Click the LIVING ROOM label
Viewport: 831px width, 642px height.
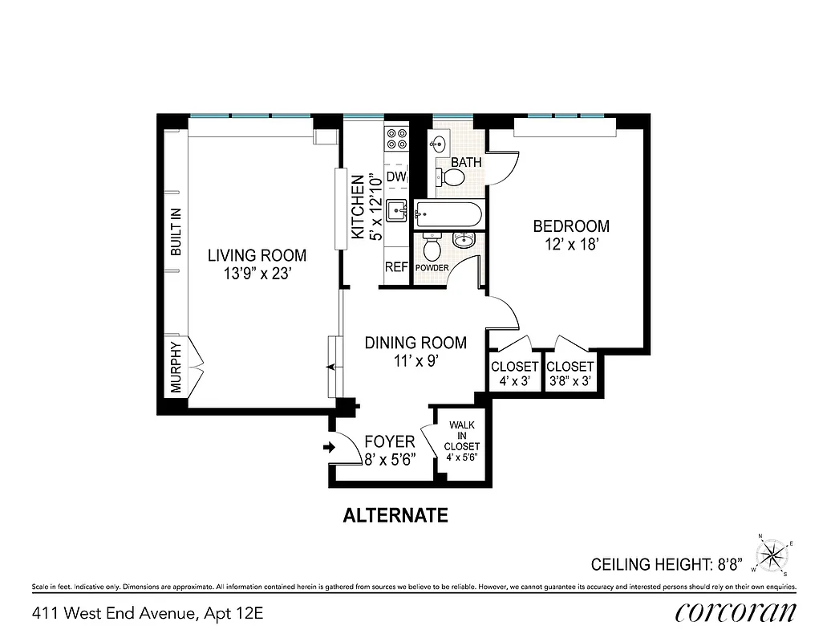(257, 256)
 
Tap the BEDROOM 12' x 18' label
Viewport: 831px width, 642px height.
(571, 227)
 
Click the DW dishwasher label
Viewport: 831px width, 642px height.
(396, 177)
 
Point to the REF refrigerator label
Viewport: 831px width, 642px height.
(396, 267)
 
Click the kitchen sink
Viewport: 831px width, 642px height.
(396, 212)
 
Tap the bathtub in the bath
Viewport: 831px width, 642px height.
(448, 213)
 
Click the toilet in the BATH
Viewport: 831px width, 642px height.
(452, 177)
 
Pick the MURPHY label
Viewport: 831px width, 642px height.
(176, 367)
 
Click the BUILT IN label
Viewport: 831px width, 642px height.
(176, 231)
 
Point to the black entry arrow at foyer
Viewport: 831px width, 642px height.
(327, 448)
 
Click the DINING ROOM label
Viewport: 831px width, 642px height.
(415, 343)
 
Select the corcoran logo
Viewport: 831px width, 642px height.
(736, 612)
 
